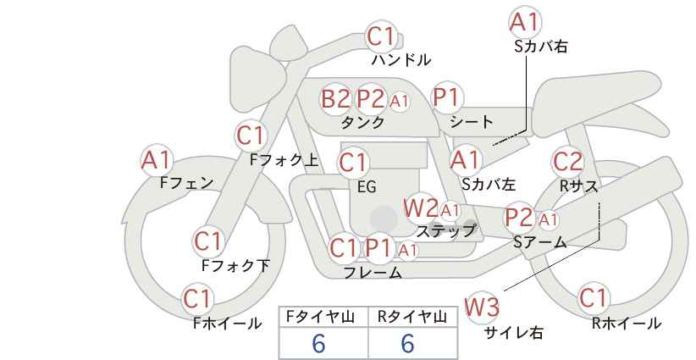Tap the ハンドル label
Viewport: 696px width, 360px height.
(x=401, y=60)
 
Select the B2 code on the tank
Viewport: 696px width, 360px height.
(x=335, y=99)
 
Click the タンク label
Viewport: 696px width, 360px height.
(x=362, y=122)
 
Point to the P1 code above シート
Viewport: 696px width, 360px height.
(x=445, y=98)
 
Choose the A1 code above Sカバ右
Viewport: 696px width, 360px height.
(x=525, y=23)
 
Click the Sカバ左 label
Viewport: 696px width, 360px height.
(x=489, y=182)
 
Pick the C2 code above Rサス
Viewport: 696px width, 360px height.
(x=567, y=161)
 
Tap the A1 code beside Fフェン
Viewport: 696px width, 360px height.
(x=157, y=159)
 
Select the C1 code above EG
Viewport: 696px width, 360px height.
(x=353, y=162)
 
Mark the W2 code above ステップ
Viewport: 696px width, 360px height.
(x=421, y=207)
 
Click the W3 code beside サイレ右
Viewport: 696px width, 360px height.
(x=483, y=307)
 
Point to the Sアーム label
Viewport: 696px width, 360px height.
(x=539, y=242)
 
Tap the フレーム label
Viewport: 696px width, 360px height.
(x=373, y=273)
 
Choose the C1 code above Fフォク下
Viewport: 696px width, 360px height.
(x=207, y=241)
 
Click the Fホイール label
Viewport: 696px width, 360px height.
(x=227, y=323)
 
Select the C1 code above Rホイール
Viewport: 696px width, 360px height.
(x=594, y=299)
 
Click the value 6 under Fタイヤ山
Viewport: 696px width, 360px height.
(x=319, y=343)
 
